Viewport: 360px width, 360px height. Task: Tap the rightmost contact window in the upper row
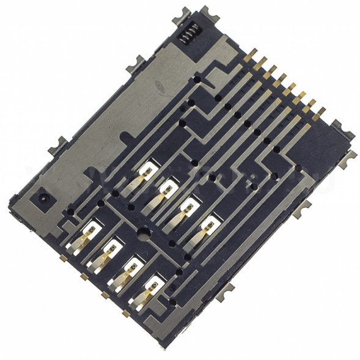[210, 222]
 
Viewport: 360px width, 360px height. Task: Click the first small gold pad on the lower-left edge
[63, 259]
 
